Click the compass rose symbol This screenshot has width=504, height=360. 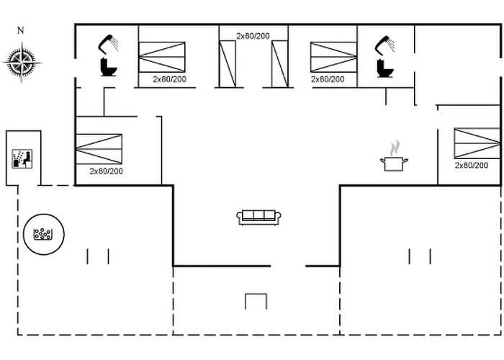pos(22,61)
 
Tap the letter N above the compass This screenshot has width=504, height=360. pos(21,30)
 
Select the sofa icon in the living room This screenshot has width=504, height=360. pos(259,216)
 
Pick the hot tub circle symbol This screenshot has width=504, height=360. pos(43,233)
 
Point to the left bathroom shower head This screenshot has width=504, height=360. pos(109,43)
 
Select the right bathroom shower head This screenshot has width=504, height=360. pos(384,44)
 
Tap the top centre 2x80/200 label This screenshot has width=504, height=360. pos(253,35)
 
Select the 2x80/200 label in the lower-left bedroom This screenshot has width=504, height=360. pos(106,171)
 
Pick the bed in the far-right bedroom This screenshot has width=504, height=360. pos(477,143)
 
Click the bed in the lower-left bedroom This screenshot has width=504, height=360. pos(99,148)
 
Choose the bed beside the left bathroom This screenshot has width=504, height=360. pos(161,57)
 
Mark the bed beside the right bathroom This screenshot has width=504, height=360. pos(333,57)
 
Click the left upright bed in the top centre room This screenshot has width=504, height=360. pos(227,64)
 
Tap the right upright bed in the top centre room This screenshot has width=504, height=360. pos(279,64)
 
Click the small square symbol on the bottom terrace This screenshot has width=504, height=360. pos(255,301)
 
